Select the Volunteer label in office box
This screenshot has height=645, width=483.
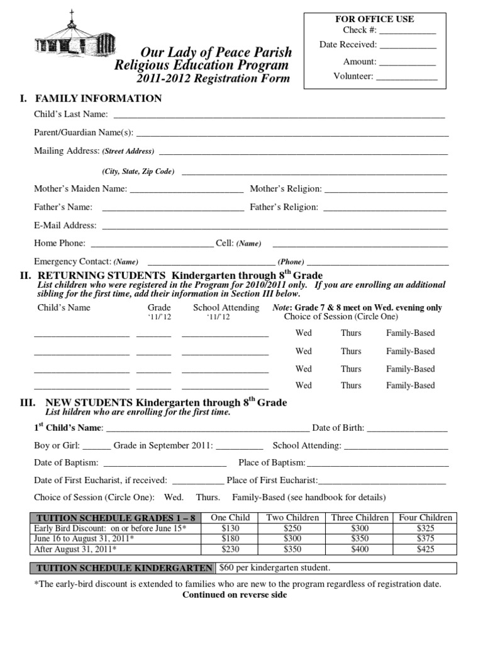pyautogui.click(x=353, y=76)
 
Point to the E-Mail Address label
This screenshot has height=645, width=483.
pyautogui.click(x=65, y=225)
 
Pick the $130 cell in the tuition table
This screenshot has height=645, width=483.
pyautogui.click(x=231, y=528)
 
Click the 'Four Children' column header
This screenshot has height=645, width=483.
pyautogui.click(x=426, y=518)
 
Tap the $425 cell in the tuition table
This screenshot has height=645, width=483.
pyautogui.click(x=426, y=550)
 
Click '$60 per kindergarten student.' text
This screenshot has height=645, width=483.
pyautogui.click(x=274, y=568)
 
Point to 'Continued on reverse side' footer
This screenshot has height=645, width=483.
pyautogui.click(x=235, y=595)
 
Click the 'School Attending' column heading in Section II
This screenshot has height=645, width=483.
pyautogui.click(x=226, y=307)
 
